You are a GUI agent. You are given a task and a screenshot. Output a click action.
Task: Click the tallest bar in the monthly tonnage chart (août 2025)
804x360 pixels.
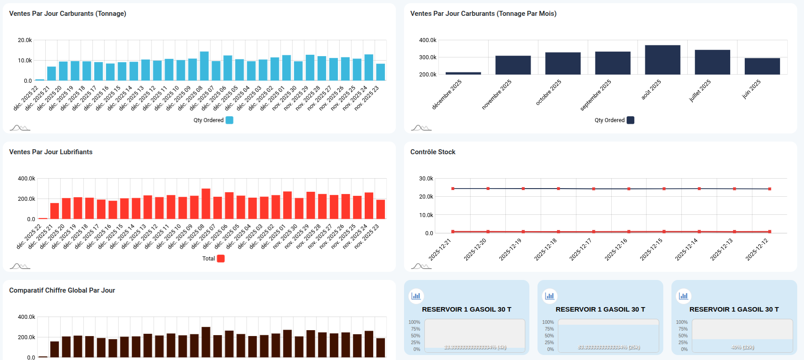(x=662, y=60)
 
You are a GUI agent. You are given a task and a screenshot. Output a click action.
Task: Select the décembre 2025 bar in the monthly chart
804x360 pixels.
(x=463, y=73)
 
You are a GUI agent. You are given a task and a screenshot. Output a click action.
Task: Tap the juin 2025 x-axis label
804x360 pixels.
(x=752, y=90)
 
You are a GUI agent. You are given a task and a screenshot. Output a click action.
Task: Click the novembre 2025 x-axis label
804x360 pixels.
(x=497, y=95)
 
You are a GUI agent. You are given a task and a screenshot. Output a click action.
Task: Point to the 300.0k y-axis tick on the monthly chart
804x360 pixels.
(x=428, y=57)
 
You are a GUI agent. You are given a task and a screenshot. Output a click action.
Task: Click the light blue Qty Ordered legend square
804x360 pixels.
(x=229, y=120)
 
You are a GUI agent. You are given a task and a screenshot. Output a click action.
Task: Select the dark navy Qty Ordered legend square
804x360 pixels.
(x=630, y=120)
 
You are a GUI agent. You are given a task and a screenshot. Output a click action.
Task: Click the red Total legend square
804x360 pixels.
(x=221, y=259)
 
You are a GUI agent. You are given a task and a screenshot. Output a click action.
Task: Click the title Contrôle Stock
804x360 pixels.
(x=433, y=152)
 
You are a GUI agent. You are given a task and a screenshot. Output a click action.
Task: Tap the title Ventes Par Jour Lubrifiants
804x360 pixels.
(x=51, y=152)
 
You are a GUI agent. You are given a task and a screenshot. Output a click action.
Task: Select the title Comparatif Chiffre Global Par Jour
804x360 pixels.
(x=62, y=290)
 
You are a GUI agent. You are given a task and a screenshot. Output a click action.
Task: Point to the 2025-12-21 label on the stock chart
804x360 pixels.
(x=440, y=250)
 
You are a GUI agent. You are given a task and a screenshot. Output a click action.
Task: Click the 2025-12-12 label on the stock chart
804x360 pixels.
(x=757, y=250)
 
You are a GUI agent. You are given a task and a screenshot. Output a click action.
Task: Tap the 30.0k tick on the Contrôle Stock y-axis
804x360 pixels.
(x=426, y=179)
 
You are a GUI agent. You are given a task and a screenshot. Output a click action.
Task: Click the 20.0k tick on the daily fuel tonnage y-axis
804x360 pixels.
(x=25, y=40)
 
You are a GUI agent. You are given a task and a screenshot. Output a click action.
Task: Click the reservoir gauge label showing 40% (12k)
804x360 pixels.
(x=742, y=347)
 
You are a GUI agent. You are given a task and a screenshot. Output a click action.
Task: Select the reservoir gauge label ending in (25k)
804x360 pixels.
(x=609, y=347)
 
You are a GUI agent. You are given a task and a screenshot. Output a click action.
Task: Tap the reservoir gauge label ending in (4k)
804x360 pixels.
(x=475, y=347)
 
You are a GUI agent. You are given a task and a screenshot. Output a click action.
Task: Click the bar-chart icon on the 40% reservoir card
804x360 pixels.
(x=683, y=296)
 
